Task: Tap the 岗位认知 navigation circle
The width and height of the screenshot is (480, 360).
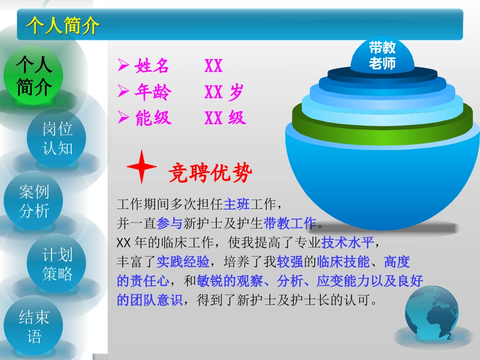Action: click(57, 138)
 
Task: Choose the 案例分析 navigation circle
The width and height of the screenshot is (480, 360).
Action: click(34, 201)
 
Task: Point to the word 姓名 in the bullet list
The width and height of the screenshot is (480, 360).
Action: click(152, 66)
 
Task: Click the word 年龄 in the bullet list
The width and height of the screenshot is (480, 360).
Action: click(153, 92)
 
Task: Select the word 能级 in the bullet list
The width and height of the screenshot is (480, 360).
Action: click(153, 118)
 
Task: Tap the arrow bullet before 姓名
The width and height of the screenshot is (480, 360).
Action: click(123, 66)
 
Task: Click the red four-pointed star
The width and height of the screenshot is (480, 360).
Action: click(141, 166)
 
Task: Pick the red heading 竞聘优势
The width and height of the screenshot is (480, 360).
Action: click(210, 174)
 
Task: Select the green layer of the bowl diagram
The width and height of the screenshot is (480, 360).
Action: click(382, 122)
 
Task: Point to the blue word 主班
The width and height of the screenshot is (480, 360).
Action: click(236, 205)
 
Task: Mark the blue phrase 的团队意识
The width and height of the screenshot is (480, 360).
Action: click(149, 300)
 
